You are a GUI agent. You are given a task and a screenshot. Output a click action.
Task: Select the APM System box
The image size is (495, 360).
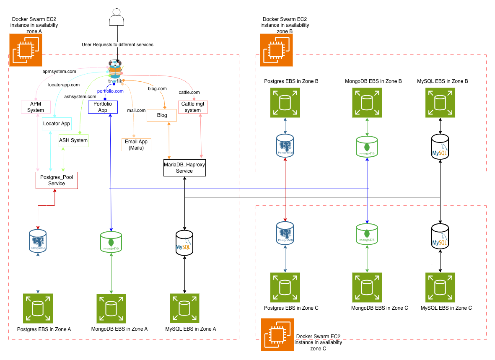(36, 107)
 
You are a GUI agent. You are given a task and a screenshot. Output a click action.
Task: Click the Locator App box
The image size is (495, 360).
(57, 124)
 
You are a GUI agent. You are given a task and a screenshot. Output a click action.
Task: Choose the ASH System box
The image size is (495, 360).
(73, 140)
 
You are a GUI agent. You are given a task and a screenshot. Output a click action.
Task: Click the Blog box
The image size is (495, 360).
(161, 115)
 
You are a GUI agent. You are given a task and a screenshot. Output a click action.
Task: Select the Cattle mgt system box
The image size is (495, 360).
(193, 107)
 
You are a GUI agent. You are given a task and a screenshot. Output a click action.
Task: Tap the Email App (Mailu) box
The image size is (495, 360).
(135, 145)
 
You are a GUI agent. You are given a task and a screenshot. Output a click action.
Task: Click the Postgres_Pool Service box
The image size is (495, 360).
(57, 181)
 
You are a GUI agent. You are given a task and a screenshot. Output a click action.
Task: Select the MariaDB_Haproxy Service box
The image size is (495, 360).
(184, 168)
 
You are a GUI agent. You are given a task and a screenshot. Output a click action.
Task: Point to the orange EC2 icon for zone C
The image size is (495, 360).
(277, 334)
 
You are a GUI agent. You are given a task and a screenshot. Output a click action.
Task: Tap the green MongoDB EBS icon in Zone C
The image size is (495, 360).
(367, 287)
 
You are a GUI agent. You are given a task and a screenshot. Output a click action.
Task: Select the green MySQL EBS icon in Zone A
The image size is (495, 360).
(185, 308)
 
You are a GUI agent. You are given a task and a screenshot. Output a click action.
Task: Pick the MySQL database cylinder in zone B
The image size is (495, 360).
(440, 147)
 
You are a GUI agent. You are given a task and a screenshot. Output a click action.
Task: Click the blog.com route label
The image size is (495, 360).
(157, 89)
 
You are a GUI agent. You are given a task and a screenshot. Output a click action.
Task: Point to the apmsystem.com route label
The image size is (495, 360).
(60, 72)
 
